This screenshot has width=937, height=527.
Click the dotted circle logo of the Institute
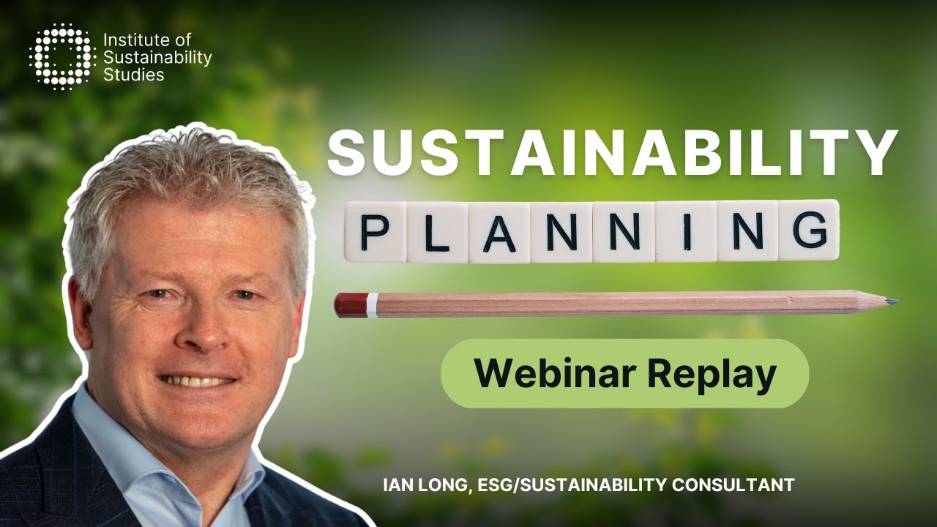click(x=62, y=56)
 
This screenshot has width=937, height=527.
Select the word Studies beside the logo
click(x=134, y=74)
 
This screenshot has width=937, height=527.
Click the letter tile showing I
click(x=686, y=231)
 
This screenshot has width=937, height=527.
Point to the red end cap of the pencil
click(x=350, y=304)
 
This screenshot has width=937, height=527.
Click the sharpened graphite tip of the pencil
click(x=892, y=301)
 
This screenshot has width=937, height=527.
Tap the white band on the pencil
click(x=373, y=304)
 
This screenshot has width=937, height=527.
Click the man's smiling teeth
click(x=198, y=381)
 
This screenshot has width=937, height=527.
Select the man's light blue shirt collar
click(x=102, y=439)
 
